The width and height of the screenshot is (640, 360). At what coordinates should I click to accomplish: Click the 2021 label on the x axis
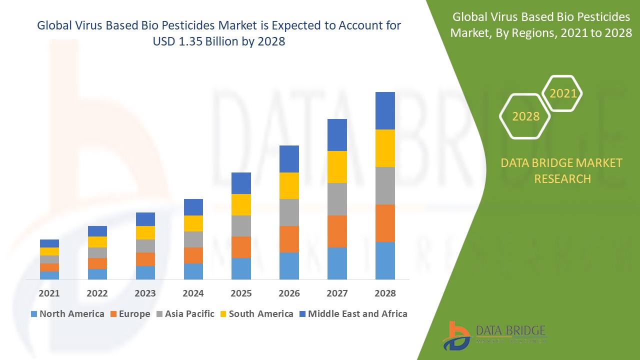coord(49,293)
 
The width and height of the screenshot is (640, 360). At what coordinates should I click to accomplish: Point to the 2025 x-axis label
coord(241,293)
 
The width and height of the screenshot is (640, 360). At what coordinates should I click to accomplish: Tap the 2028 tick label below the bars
coord(385,293)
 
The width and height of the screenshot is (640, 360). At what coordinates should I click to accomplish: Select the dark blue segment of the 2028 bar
coord(385,110)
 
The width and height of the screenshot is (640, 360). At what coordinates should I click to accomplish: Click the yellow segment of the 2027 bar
coord(337,167)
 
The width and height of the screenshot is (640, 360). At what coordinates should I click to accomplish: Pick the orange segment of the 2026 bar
coord(289,239)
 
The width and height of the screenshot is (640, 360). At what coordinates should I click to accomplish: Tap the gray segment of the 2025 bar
coord(241,226)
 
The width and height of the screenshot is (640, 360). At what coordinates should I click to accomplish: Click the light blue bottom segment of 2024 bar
coord(193,271)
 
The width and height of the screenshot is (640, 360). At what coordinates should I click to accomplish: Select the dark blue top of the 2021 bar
coord(49,243)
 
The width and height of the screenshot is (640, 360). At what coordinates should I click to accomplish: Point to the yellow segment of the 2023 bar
coord(145,232)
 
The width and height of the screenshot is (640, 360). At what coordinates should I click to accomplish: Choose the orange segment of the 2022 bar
coord(97,263)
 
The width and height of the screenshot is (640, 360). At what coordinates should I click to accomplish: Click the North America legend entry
coord(67,314)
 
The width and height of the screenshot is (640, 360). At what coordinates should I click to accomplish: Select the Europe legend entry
coord(129,314)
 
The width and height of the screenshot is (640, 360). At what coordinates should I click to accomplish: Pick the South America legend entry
coord(256,314)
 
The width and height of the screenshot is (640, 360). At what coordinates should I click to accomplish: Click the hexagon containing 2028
coord(525,116)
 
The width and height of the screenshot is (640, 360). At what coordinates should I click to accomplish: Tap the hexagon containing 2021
coord(562,93)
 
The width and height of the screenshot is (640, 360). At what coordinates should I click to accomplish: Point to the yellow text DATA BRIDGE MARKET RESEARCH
coord(562,170)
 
